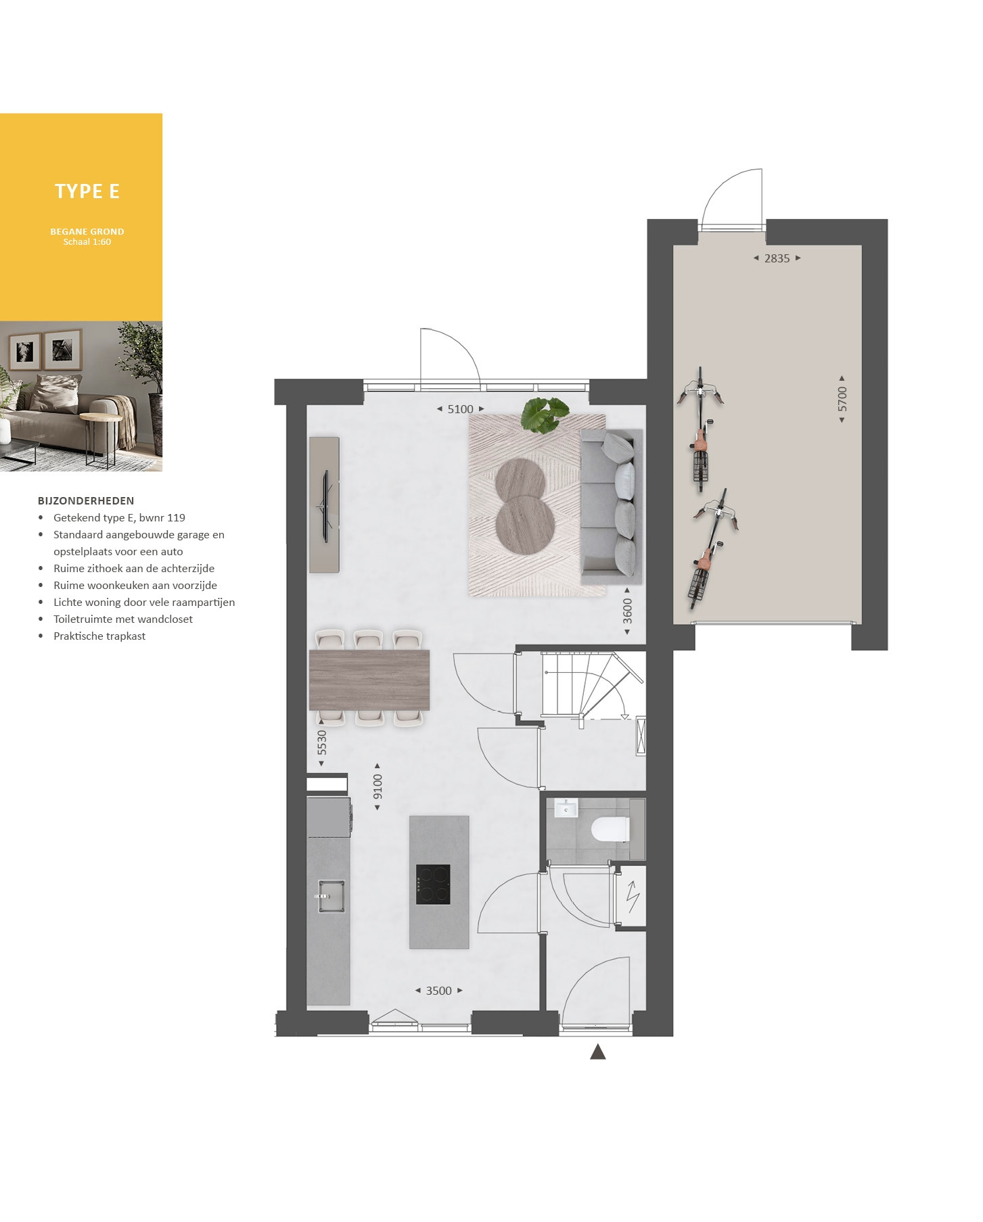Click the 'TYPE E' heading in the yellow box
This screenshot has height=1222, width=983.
[x=87, y=191]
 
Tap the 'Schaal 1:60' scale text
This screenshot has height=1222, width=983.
[x=87, y=242]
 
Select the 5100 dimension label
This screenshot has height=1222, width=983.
[x=461, y=409]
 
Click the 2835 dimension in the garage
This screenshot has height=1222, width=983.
[x=777, y=258]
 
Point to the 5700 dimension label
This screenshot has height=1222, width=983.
[x=842, y=399]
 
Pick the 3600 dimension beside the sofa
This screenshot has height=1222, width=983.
[x=628, y=611]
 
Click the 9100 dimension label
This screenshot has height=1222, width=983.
[x=378, y=787]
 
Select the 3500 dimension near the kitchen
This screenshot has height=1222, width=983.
[x=439, y=991]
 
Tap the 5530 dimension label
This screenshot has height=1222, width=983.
[x=322, y=743]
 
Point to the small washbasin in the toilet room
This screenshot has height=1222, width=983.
[x=566, y=808]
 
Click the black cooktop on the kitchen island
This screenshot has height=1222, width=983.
[x=433, y=885]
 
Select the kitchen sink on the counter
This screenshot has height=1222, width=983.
[x=330, y=896]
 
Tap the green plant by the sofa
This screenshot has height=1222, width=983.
[x=545, y=414]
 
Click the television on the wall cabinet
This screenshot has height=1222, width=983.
[x=325, y=506]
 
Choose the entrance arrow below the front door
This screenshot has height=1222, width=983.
[x=597, y=1052]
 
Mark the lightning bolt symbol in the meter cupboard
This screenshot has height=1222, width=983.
[x=633, y=897]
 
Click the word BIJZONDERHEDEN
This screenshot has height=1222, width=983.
[x=86, y=501]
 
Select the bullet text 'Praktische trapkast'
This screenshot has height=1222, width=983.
[x=99, y=636]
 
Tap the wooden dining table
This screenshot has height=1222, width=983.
[x=369, y=680]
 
